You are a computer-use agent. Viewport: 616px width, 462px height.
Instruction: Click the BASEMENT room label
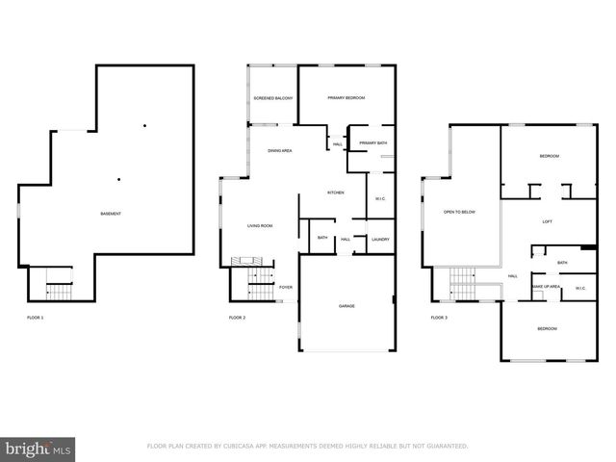(111, 213)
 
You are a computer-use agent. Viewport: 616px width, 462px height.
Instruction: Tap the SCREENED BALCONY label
(272, 98)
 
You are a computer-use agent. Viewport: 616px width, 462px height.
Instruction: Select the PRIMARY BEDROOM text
(346, 98)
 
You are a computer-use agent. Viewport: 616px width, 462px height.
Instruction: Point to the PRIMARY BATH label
(372, 143)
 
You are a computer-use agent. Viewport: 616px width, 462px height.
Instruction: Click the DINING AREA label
(280, 151)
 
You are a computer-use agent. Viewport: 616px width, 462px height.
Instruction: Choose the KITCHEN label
(335, 192)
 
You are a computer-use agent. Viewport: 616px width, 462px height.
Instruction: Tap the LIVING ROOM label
(260, 225)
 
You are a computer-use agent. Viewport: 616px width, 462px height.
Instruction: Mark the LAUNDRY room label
(380, 238)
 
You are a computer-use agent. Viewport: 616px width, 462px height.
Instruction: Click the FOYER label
(286, 287)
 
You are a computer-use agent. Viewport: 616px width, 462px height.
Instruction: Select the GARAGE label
(346, 306)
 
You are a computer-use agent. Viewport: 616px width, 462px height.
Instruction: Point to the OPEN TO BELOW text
(459, 212)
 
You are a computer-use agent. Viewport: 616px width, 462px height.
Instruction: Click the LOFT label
(547, 221)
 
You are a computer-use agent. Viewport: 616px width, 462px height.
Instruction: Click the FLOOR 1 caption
(35, 318)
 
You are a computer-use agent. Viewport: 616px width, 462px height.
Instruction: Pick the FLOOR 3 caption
(439, 318)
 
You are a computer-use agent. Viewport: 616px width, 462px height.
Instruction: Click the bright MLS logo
(38, 448)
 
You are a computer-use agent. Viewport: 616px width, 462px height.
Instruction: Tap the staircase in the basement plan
(60, 288)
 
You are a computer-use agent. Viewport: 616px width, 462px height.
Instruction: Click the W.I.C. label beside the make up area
(580, 287)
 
